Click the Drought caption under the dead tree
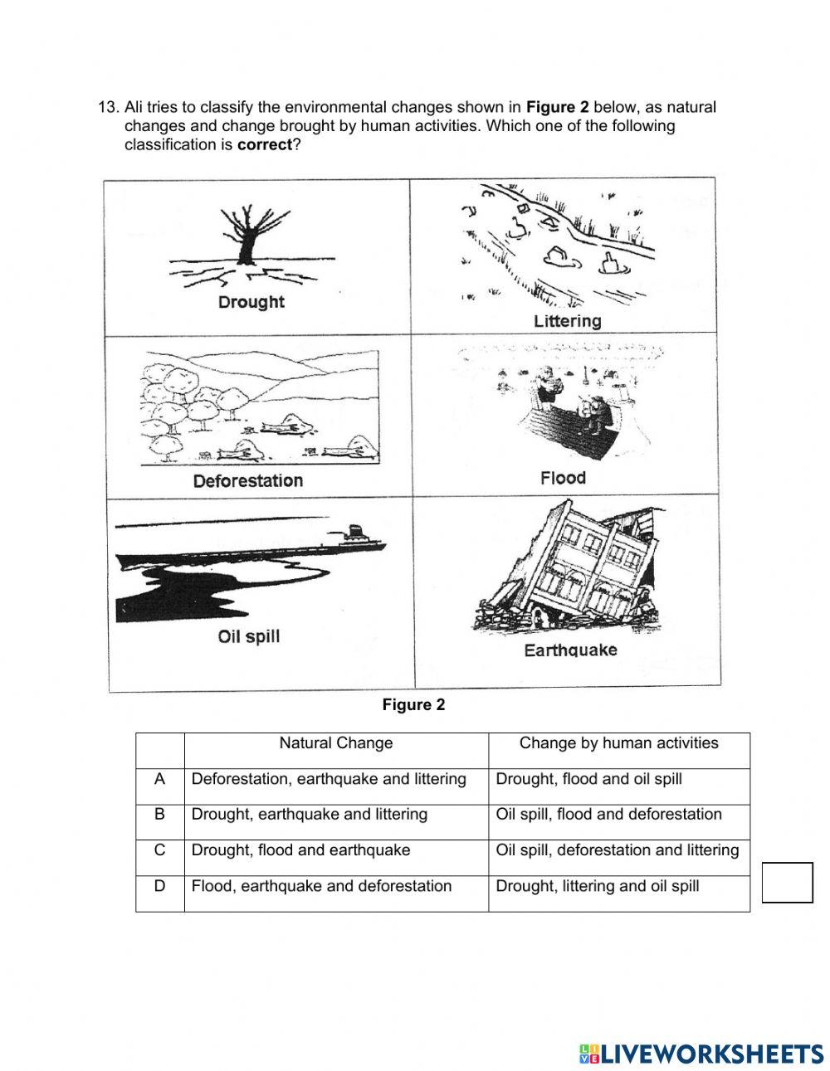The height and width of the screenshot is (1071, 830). (x=251, y=302)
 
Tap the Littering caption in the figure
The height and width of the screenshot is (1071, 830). (x=567, y=320)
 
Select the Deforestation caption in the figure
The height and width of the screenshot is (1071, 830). (x=247, y=480)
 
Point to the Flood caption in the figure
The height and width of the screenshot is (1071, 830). (x=563, y=478)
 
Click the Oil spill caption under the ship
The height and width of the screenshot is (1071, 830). (x=248, y=636)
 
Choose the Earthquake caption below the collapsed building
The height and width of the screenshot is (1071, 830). (x=570, y=650)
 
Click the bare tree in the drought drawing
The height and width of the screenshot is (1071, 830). (x=247, y=236)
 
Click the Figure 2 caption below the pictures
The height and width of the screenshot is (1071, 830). (x=413, y=705)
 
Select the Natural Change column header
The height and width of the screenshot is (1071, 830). (x=335, y=743)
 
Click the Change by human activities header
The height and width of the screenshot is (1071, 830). (x=618, y=743)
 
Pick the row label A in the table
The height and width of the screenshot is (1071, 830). (x=159, y=779)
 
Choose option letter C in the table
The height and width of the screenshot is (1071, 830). (x=159, y=849)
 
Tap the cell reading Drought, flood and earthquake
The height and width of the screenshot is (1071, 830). (x=300, y=850)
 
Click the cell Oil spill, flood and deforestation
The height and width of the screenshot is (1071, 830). (x=608, y=815)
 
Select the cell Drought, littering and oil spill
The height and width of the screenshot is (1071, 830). (x=597, y=886)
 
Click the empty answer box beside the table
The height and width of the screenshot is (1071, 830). (x=787, y=883)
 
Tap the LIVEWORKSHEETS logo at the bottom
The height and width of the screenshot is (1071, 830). (x=701, y=1054)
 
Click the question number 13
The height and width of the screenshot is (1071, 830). (x=108, y=107)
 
